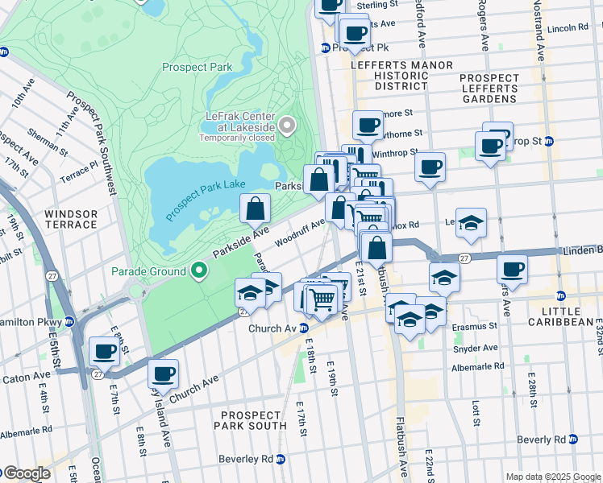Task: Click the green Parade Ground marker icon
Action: click(x=198, y=270)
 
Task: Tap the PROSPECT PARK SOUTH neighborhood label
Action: click(x=253, y=419)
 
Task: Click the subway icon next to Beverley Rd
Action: click(x=281, y=459)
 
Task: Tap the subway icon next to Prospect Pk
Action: click(x=325, y=47)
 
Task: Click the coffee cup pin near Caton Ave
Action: click(x=105, y=351)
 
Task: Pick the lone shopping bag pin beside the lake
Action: click(x=255, y=209)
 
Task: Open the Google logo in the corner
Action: click(x=26, y=473)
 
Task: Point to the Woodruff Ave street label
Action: click(x=299, y=231)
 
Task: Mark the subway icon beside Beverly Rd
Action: click(x=573, y=440)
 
